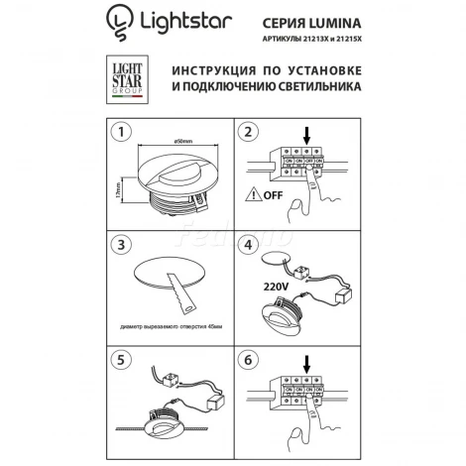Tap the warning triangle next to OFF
coord(257,196)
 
